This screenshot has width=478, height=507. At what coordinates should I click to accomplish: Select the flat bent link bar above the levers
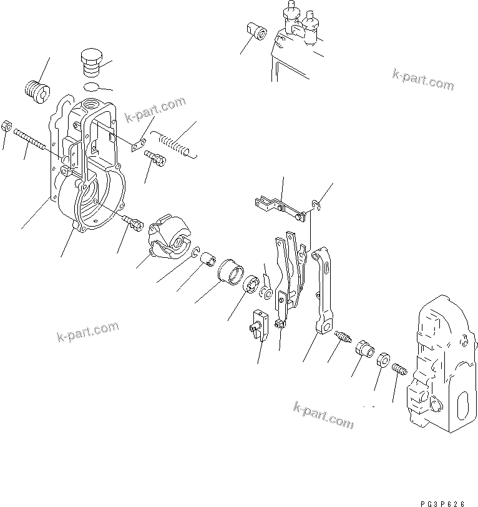tap(278, 207)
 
